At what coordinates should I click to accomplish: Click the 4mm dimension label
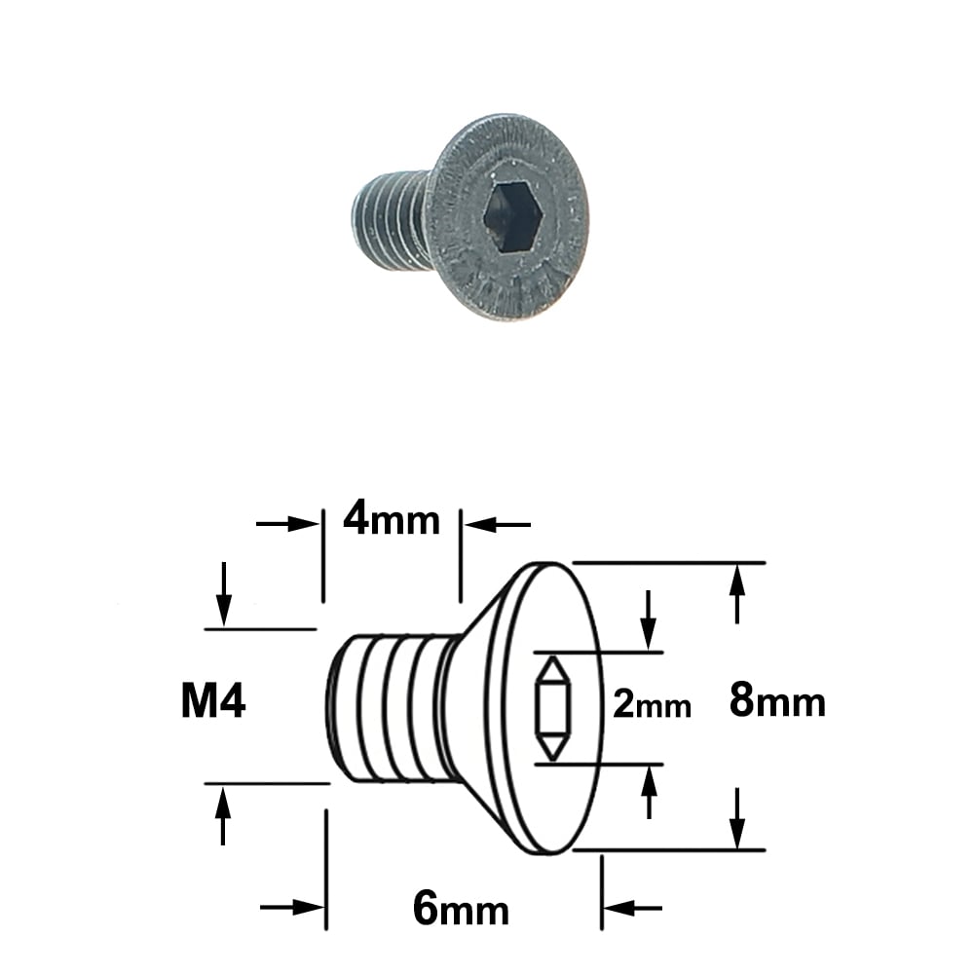point(392,520)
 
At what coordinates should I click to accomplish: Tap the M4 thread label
point(213,700)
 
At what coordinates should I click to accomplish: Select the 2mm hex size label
point(652,704)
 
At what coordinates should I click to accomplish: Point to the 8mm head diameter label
point(777,700)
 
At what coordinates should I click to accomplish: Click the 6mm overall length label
point(461,909)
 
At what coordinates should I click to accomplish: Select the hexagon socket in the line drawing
point(553,708)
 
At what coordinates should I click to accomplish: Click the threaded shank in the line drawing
point(392,707)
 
